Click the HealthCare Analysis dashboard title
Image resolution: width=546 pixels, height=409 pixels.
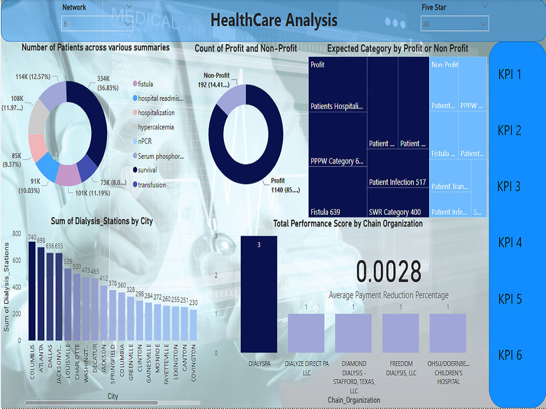click(274, 21)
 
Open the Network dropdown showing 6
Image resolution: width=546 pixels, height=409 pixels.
click(97, 24)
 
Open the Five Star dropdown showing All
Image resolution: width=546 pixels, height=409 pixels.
click(454, 24)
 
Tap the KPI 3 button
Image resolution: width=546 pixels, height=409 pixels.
click(509, 187)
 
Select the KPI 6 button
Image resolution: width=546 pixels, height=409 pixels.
click(509, 355)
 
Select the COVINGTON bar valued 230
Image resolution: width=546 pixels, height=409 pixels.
click(193, 325)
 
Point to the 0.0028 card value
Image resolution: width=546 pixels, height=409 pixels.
click(389, 272)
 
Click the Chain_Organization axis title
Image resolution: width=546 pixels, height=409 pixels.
click(353, 400)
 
